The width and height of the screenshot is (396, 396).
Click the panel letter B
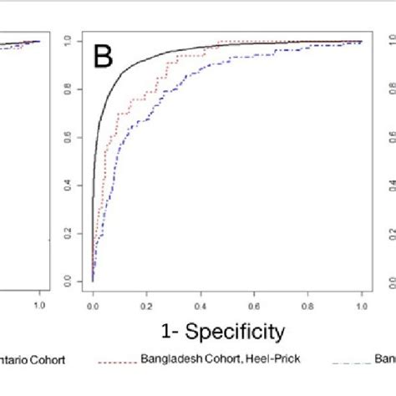pyautogui.click(x=102, y=56)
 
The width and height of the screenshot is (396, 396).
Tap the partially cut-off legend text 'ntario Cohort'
pyautogui.click(x=33, y=361)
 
